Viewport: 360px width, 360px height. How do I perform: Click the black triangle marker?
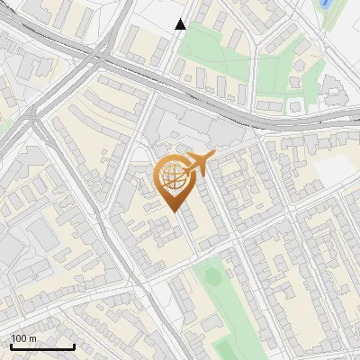181,24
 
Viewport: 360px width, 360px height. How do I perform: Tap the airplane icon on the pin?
200,164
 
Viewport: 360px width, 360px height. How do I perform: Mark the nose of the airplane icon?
213,157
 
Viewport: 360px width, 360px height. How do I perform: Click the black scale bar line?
41,346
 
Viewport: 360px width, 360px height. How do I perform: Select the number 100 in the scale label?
19,338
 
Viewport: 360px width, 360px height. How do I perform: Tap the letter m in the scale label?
32,338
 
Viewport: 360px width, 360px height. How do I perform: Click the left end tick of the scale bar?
10,345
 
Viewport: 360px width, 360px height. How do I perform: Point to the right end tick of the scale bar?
74,345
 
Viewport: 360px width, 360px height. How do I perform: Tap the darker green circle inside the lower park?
213,276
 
